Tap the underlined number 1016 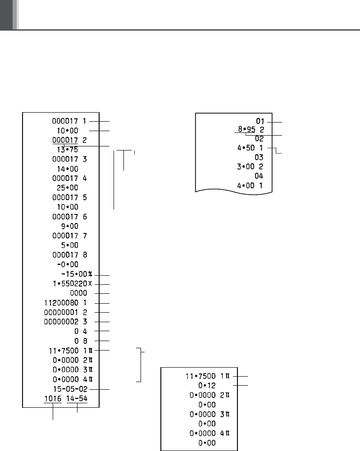(x=53, y=399)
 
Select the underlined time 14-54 (x=77, y=399)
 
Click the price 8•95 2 (x=251, y=130)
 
